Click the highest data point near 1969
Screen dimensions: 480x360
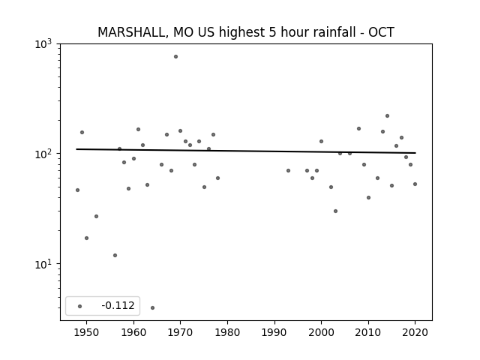pyautogui.click(x=175, y=57)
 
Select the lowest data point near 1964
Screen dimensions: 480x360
pyautogui.click(x=152, y=307)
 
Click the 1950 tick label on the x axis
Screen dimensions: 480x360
pyautogui.click(x=87, y=332)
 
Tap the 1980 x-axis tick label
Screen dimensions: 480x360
pyautogui.click(x=227, y=332)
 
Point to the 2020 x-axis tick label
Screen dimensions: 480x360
pyautogui.click(x=415, y=332)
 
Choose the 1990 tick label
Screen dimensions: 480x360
pyautogui.click(x=274, y=332)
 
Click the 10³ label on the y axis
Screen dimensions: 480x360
pyautogui.click(x=43, y=44)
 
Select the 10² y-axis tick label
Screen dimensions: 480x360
pyautogui.click(x=43, y=154)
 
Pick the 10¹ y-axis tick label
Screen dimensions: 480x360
pyautogui.click(x=43, y=264)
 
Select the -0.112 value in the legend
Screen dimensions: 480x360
pyautogui.click(x=118, y=305)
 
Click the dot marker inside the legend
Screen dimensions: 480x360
pyautogui.click(x=79, y=306)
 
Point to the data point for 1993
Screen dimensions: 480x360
pyautogui.click(x=288, y=170)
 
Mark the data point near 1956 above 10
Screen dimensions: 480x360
pyautogui.click(x=115, y=255)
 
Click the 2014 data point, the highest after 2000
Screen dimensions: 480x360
pyautogui.click(x=387, y=115)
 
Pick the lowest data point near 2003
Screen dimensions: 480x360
pyautogui.click(x=335, y=211)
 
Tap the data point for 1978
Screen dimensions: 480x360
pyautogui.click(x=218, y=178)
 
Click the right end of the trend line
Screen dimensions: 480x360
pyautogui.click(x=415, y=153)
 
